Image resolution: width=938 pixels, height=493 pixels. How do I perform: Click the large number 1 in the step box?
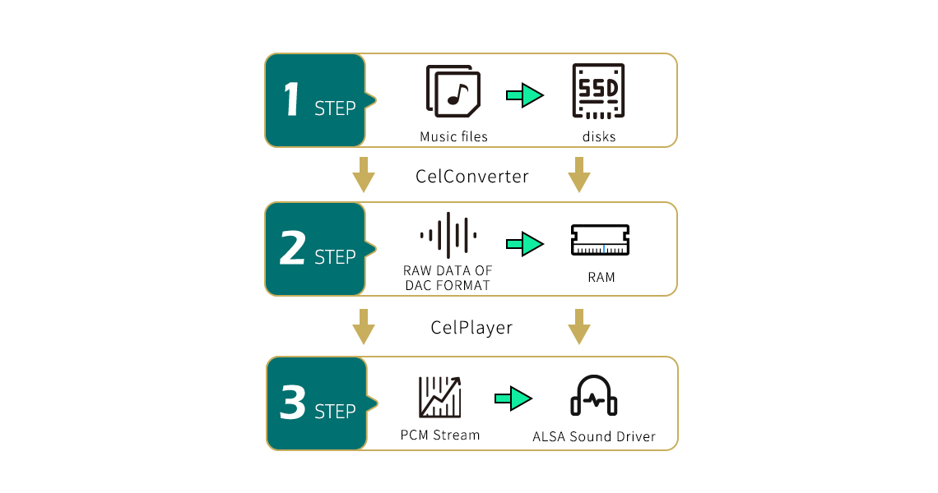[x=290, y=100]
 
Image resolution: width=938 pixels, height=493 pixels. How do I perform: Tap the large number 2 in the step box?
[x=292, y=249]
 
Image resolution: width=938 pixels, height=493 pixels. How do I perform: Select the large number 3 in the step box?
[x=293, y=403]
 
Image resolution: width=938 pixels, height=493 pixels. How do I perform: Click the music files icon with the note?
[x=453, y=91]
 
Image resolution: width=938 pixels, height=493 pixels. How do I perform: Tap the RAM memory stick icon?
[x=601, y=241]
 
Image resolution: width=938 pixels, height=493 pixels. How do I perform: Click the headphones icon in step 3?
[x=594, y=396]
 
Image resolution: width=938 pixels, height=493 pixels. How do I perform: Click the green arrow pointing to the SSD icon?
[x=525, y=95]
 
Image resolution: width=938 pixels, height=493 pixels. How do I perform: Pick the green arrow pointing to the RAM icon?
[x=525, y=244]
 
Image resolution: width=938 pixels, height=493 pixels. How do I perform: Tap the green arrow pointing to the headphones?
[x=513, y=399]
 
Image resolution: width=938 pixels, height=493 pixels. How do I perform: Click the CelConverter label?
[x=472, y=177]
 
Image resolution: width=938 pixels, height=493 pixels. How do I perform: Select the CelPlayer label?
[x=471, y=328]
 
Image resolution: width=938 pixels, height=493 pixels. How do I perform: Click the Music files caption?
[x=453, y=137]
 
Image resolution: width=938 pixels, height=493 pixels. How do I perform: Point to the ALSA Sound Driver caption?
[x=594, y=436]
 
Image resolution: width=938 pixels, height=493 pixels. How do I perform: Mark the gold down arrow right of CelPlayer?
[x=579, y=327]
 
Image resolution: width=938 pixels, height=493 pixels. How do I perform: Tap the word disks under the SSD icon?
[x=599, y=137]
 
